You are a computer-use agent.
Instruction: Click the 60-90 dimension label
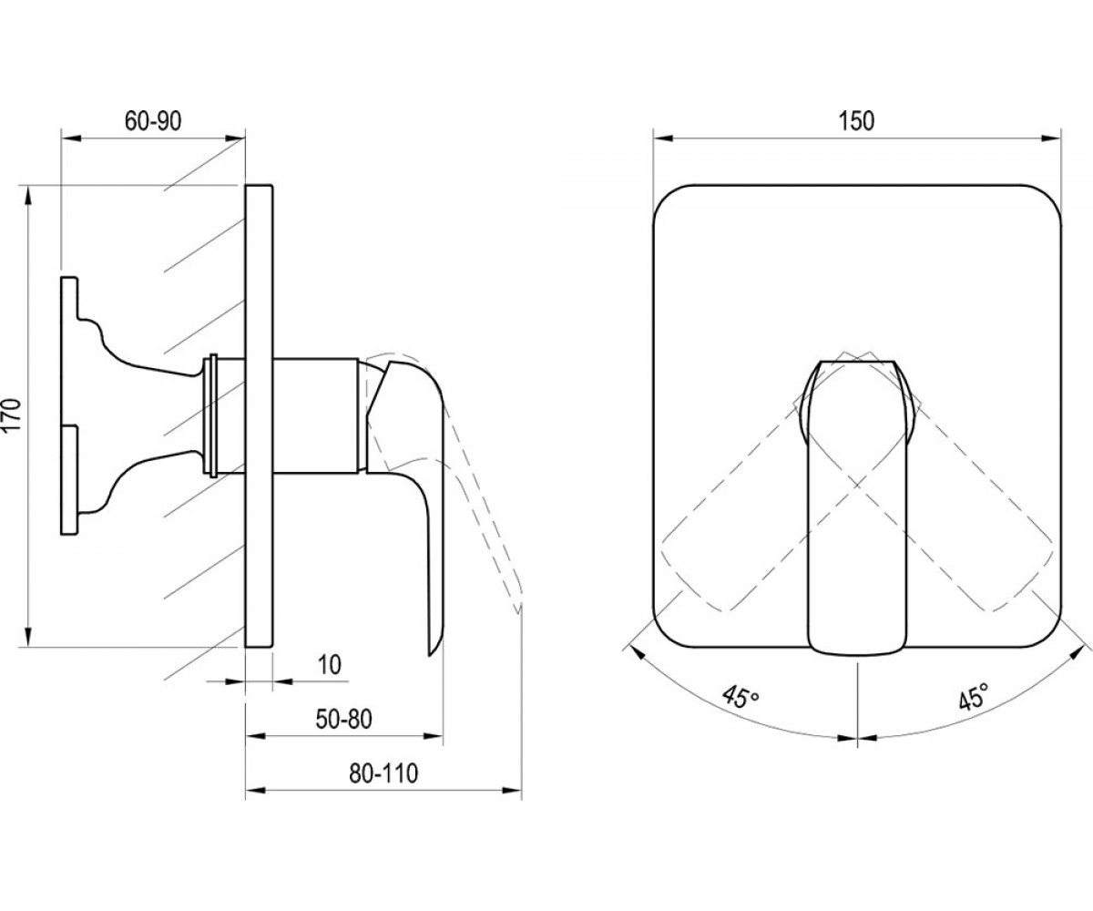coord(153,121)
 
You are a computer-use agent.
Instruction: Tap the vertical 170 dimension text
coord(13,415)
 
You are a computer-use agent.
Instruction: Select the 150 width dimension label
coord(856,121)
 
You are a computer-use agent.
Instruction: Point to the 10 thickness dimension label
coord(329,665)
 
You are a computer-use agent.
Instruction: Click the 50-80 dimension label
coord(344,719)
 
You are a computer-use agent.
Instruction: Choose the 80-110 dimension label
coord(383,773)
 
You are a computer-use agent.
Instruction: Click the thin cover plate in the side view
coord(259,415)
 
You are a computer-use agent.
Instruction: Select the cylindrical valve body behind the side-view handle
coord(316,415)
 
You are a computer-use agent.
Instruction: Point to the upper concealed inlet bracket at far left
coord(131,335)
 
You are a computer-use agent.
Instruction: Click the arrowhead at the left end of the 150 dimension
coord(662,138)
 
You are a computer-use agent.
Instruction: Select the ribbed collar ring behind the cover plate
coord(212,415)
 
